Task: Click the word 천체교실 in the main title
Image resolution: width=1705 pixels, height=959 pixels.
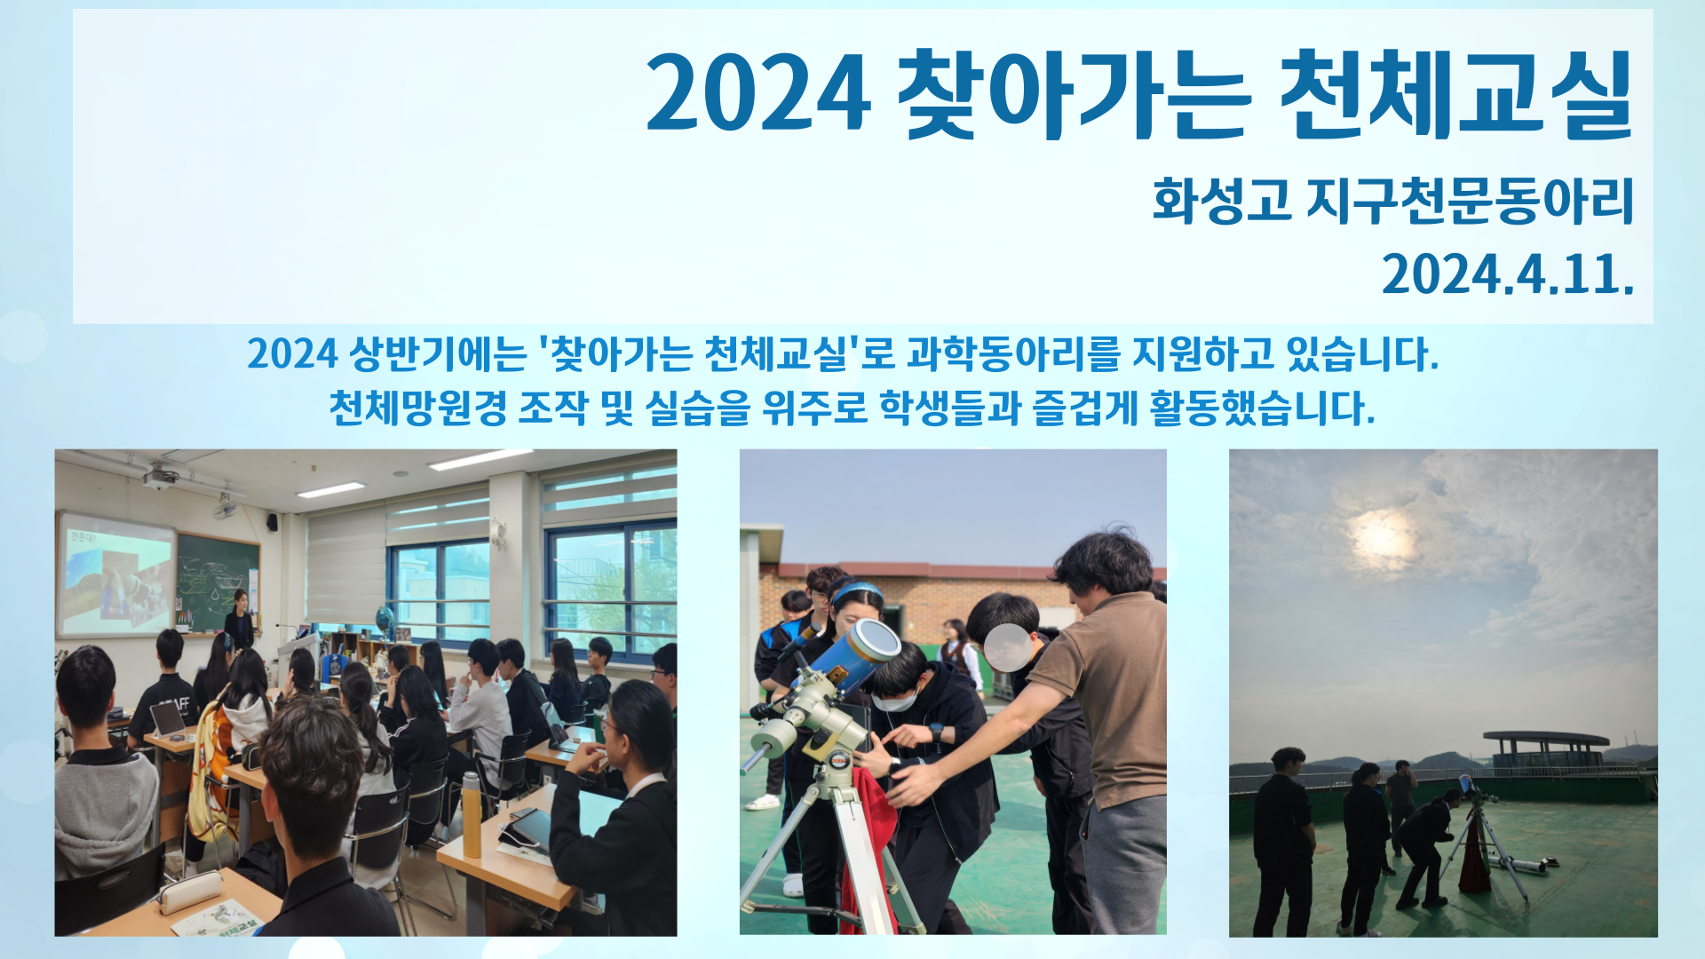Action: coord(1456,93)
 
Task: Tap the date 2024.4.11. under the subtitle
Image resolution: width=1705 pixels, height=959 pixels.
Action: coord(1508,273)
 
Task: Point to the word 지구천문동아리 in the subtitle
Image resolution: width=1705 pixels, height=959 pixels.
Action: coord(1471,200)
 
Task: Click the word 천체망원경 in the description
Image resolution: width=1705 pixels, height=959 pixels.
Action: coord(418,408)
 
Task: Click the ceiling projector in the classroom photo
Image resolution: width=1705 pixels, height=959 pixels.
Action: coord(161,478)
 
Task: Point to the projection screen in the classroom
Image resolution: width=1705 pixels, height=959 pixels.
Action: coord(115,575)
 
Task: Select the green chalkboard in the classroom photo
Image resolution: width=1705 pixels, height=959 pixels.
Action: coord(218,581)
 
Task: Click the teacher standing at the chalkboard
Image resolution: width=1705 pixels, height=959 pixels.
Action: coord(239,618)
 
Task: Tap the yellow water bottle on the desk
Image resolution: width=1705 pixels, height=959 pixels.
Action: coord(471,814)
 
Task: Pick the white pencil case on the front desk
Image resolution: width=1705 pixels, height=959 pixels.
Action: coord(189,892)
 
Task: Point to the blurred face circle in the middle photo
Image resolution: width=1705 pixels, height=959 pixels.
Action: coord(1008,647)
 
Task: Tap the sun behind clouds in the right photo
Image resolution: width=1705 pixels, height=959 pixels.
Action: coord(1378,537)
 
